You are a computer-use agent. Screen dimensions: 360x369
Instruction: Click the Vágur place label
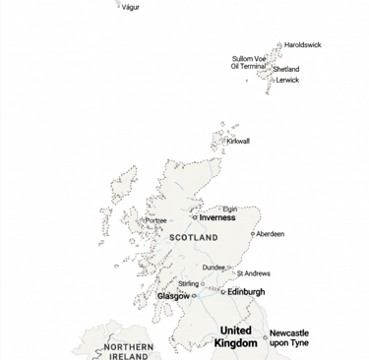tap(130, 7)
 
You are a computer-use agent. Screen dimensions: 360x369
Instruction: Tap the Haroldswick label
tap(302, 45)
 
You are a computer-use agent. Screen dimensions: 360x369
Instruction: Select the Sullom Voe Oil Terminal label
tap(248, 62)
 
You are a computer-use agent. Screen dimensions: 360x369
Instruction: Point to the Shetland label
tap(286, 70)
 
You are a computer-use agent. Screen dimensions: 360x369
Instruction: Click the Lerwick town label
tap(287, 81)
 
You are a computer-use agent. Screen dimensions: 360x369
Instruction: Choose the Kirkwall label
tap(238, 142)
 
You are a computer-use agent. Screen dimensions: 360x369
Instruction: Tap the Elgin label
tap(230, 209)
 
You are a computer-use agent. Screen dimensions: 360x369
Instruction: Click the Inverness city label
tap(217, 217)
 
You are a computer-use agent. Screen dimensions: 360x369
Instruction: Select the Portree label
tap(155, 220)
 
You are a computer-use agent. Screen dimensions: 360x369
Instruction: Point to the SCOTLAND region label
tap(194, 238)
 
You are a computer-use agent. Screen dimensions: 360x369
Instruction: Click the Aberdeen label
tap(271, 234)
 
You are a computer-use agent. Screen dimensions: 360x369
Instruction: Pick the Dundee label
tap(214, 267)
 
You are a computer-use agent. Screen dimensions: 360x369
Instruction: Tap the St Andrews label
tap(253, 273)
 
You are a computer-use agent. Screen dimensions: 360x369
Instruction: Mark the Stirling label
tap(188, 283)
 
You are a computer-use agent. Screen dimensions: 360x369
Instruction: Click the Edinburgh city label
tap(246, 292)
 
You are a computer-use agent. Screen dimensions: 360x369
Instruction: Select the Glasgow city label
tap(173, 296)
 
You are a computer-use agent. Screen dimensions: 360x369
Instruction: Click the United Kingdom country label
tap(235, 336)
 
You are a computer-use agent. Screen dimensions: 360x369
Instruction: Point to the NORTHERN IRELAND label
tap(128, 352)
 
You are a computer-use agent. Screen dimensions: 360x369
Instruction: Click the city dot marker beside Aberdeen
tap(253, 234)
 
